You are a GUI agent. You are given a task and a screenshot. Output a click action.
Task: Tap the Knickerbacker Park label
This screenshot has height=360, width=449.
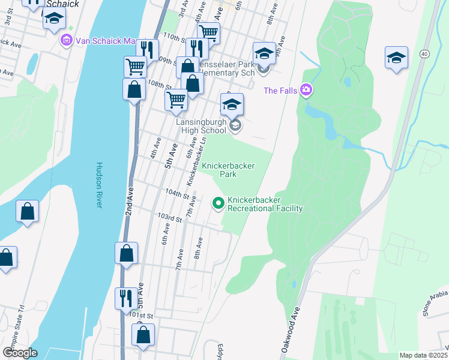228,170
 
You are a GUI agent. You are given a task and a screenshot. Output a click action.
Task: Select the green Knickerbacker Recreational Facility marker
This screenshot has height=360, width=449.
218,205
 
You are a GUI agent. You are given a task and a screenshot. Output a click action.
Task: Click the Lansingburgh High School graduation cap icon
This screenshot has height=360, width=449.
232,104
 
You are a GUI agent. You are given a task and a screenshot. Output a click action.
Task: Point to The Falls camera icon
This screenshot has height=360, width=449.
307,91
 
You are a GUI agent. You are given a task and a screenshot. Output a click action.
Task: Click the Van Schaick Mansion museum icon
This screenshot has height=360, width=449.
67,41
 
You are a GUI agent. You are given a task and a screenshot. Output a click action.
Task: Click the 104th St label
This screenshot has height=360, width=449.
178,196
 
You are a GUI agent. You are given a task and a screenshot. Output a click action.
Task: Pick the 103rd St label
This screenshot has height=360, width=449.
169,218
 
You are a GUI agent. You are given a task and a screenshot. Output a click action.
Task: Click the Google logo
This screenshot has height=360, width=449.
20,352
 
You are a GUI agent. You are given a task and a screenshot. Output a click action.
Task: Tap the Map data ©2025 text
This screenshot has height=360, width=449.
423,355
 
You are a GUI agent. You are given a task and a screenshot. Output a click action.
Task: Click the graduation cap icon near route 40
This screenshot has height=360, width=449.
396,58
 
